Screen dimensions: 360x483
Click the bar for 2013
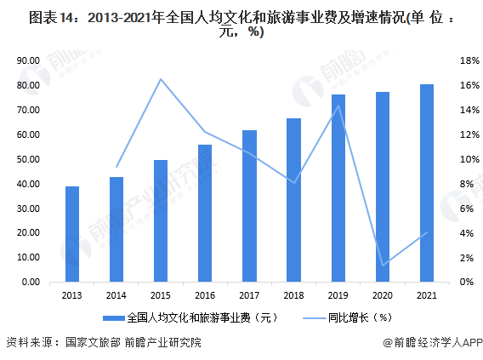tap(72, 234)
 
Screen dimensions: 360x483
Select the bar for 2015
tap(161, 221)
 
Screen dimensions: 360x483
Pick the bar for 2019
tap(338, 188)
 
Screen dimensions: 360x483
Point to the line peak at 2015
tap(161, 79)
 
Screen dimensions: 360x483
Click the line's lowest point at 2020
tap(382, 265)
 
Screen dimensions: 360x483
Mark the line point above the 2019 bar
tap(338, 106)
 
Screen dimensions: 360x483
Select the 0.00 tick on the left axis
tap(32, 283)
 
